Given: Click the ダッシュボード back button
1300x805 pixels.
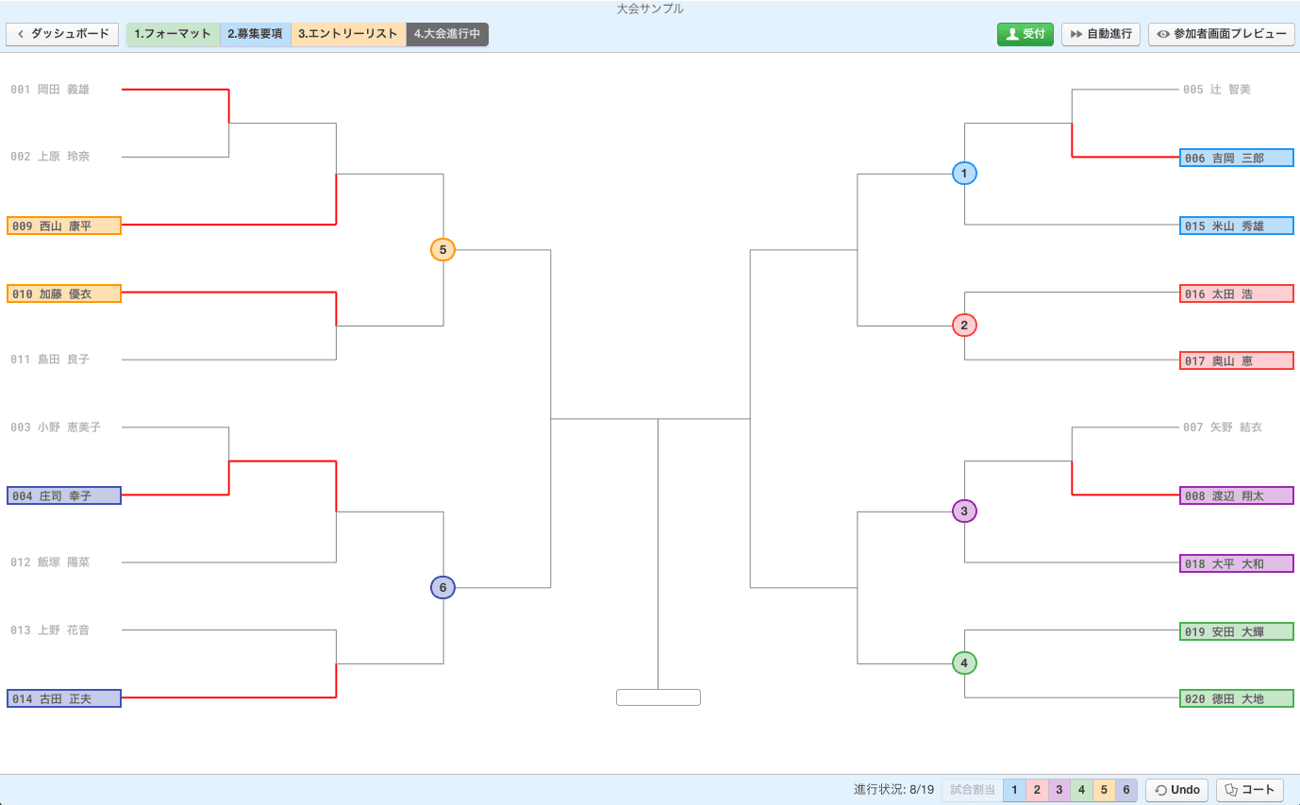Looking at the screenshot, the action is [x=62, y=34].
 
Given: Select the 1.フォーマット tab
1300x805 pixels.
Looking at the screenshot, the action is [x=173, y=34].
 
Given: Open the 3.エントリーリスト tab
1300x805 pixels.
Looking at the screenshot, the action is [x=348, y=34].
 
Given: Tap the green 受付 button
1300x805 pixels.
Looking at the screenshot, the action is [x=1025, y=34].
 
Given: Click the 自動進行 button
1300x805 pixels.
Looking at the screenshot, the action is [x=1101, y=34].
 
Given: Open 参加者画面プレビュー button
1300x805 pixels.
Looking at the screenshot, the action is [x=1222, y=34].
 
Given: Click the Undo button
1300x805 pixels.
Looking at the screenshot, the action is [x=1177, y=790].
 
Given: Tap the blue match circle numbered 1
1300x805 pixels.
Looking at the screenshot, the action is [x=964, y=173].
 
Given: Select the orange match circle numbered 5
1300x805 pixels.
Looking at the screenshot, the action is [x=442, y=249].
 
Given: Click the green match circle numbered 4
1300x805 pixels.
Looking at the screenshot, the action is [x=964, y=662].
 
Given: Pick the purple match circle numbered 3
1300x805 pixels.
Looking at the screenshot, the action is [x=964, y=511].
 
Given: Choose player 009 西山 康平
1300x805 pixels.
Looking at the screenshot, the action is [x=64, y=226].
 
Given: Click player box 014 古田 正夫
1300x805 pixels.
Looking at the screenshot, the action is [x=64, y=698].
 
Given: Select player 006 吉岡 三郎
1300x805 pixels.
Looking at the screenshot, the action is [x=1237, y=158].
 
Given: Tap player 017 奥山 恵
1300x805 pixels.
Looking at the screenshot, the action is [x=1237, y=361].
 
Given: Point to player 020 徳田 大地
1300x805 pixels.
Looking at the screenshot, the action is [x=1237, y=698].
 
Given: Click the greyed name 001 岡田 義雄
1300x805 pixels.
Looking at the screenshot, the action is [x=50, y=90].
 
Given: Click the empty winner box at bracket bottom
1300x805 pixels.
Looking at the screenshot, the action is [x=658, y=697].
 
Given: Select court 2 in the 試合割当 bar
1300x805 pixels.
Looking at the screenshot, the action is [x=1037, y=790].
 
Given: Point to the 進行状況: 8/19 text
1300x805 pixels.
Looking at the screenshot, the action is [x=893, y=790].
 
